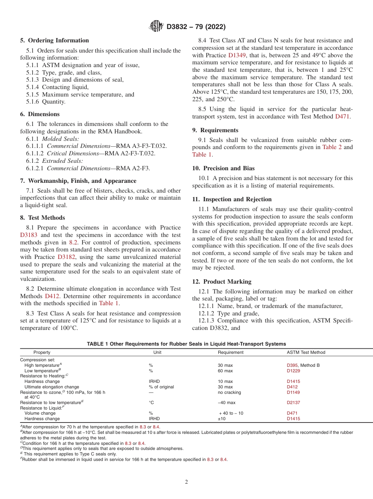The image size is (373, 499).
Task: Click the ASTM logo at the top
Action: pos(156,27)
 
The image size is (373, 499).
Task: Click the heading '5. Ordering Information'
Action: pos(55,40)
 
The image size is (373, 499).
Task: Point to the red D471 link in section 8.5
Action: pos(342,117)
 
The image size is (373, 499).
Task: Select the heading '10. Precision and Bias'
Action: pos(223,168)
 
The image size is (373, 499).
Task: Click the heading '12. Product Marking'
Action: pos(222,282)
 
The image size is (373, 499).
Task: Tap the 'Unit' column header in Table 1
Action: pos(157,352)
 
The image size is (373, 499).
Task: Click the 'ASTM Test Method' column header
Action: pos(306,352)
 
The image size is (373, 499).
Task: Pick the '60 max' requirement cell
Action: pos(225,371)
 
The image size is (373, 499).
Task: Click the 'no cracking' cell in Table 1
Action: pos(229,392)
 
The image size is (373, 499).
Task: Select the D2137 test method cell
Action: pos(293,402)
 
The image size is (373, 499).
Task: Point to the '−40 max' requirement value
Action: pos(227,402)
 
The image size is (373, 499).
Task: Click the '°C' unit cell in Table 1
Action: pos(151,402)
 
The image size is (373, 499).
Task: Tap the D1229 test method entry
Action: pos(293,371)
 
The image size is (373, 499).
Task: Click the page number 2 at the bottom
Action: pos(186,482)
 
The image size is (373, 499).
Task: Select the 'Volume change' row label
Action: pos(40,413)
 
